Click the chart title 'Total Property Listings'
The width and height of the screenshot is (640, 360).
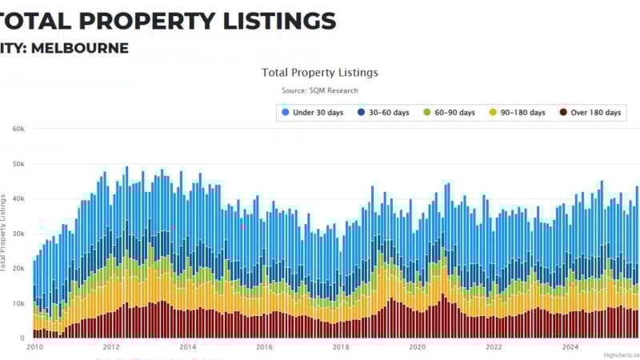[x=320, y=72]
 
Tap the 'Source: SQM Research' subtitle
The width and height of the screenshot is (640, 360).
[x=320, y=90]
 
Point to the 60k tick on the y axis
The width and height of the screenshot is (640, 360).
[x=18, y=129]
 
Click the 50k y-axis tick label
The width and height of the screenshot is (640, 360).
[x=18, y=164]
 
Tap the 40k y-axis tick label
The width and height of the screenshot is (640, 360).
[x=18, y=198]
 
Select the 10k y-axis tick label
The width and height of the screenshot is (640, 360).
[x=18, y=303]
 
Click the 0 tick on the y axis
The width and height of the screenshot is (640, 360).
[x=22, y=338]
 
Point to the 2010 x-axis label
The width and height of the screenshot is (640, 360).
[x=34, y=347]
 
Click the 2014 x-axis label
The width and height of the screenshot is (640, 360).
[x=187, y=347]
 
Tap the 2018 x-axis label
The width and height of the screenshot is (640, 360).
[x=341, y=347]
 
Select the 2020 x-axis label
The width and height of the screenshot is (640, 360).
[x=417, y=347]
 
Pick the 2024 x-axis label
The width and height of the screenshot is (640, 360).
[x=570, y=347]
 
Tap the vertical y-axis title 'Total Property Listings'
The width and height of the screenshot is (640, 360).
[x=4, y=232]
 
